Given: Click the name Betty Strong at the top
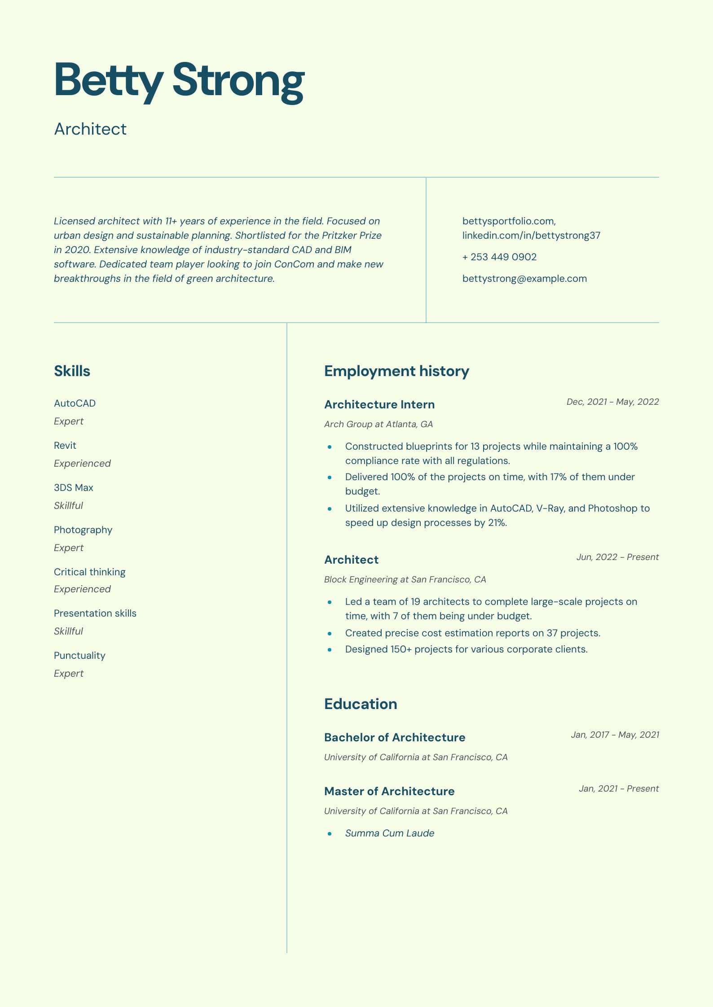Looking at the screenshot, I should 179,81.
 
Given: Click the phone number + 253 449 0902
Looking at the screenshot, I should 499,257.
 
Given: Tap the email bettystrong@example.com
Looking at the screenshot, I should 524,279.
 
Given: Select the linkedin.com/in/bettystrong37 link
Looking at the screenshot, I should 531,236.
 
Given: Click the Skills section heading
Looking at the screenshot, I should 72,371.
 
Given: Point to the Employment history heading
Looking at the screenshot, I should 396,371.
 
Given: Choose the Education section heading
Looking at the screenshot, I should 361,704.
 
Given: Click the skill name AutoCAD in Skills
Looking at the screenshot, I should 75,403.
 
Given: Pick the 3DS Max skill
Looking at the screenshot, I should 74,488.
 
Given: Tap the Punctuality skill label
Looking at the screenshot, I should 79,656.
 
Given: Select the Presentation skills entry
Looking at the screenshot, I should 95,613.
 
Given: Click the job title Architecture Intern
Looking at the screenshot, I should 379,405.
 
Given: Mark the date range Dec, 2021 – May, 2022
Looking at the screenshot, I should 612,402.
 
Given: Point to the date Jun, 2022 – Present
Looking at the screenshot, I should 617,557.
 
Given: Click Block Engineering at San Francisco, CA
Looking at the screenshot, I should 405,580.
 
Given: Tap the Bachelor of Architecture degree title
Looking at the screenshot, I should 395,738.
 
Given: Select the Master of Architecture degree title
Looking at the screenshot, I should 389,792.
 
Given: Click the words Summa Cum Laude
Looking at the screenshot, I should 390,833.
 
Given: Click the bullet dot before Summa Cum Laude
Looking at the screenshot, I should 330,834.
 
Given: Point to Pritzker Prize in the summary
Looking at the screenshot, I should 352,236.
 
